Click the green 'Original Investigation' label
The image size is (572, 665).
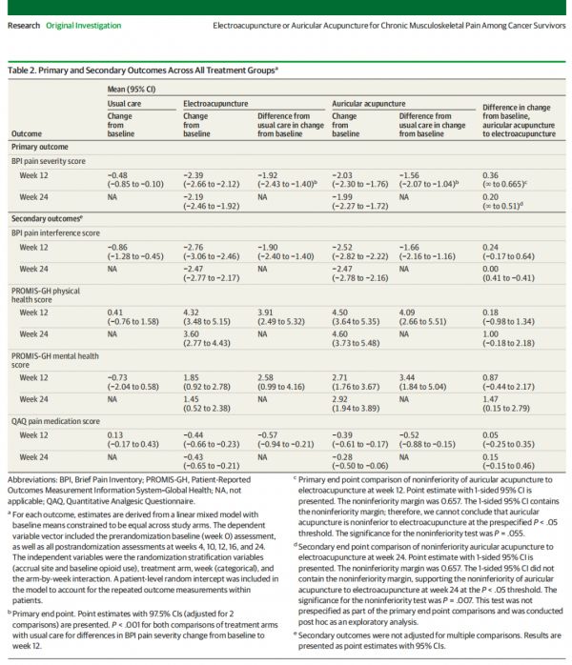84,26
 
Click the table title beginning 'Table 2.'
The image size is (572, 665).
143,71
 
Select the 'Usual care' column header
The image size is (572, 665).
124,104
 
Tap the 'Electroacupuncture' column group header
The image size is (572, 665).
215,104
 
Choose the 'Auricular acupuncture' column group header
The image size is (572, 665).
369,104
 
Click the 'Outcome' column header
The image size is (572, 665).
27,133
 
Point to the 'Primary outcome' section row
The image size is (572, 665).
40,147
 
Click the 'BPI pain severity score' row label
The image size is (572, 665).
49,161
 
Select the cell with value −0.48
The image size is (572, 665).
135,180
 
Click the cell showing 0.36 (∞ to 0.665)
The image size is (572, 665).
504,180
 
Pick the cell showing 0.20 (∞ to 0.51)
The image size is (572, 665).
502,201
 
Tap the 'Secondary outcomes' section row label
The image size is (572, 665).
47,219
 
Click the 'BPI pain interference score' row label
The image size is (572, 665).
55,233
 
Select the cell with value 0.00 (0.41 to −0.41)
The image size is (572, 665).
508,273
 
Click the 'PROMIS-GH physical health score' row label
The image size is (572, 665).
46,295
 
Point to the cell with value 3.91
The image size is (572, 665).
281,317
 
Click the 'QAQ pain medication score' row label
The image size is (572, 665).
55,421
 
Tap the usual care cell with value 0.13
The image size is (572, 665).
133,440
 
